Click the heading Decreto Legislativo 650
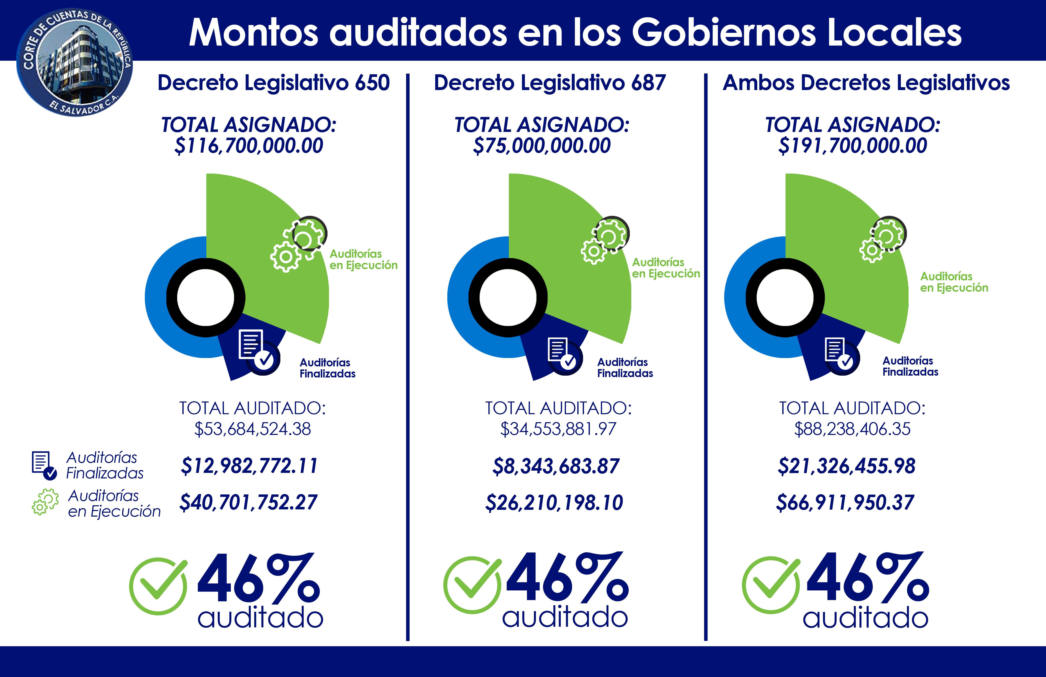tap(273, 83)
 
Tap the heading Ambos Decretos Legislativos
tap(866, 83)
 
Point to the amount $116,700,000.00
tap(249, 145)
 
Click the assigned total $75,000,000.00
tap(541, 145)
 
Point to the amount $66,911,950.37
tap(845, 502)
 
